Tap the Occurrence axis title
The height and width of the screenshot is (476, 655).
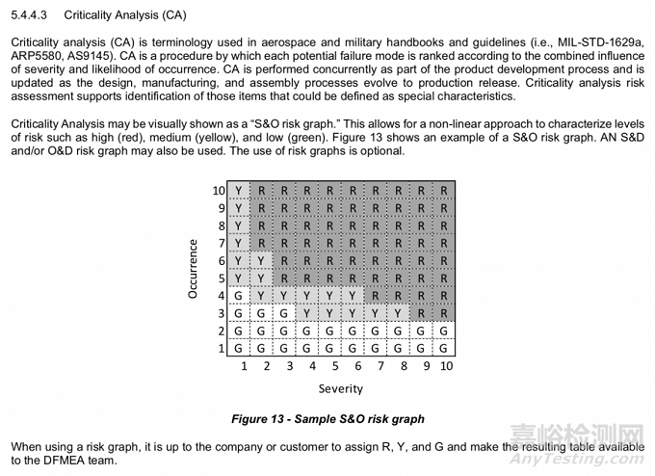click(x=193, y=269)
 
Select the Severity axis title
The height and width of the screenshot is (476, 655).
click(x=341, y=388)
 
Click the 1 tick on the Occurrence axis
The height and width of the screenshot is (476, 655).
click(x=222, y=348)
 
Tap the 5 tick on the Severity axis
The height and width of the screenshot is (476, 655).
click(x=335, y=366)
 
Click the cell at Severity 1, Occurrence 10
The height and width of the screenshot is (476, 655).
click(x=239, y=190)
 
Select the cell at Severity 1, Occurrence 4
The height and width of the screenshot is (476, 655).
click(x=239, y=295)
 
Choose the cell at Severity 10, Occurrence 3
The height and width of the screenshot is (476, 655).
click(x=443, y=313)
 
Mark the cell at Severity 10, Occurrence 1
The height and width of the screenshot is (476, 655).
click(x=443, y=348)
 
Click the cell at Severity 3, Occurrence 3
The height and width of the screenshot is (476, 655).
click(x=284, y=313)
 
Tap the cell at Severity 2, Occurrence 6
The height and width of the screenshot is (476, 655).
click(x=261, y=260)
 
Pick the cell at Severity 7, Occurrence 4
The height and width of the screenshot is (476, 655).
click(x=376, y=295)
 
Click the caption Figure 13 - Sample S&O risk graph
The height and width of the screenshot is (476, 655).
click(x=327, y=419)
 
